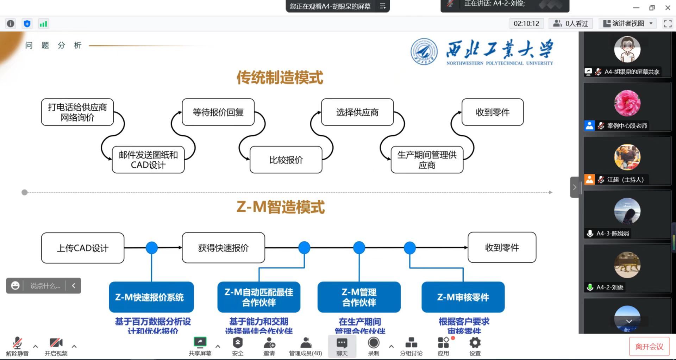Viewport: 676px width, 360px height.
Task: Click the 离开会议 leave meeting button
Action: (649, 347)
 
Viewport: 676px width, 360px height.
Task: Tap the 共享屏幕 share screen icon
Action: (200, 343)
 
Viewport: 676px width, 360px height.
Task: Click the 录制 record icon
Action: (374, 343)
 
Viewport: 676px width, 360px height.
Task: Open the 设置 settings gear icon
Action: (475, 343)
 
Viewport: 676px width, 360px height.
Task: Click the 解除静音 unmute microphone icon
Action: (17, 343)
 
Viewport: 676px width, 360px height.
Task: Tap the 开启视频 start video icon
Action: (56, 343)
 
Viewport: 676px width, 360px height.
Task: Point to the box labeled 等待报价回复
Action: (218, 112)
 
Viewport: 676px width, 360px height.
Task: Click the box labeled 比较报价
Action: (286, 160)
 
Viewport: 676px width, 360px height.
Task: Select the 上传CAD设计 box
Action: (82, 248)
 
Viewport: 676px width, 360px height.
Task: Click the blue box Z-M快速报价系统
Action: (151, 297)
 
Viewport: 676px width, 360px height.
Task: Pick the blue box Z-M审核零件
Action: (463, 297)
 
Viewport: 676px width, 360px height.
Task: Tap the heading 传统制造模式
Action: (280, 77)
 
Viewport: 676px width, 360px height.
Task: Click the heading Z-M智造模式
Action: (280, 207)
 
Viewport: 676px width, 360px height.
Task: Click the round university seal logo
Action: (424, 52)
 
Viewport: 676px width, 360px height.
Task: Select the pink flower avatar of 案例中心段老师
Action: (627, 103)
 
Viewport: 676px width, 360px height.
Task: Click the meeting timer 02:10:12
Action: (526, 24)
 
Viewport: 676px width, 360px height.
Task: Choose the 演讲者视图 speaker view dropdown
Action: (628, 24)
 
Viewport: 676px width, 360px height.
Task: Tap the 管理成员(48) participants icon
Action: (306, 343)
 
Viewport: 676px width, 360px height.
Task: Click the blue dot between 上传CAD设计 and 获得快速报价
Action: (152, 248)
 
